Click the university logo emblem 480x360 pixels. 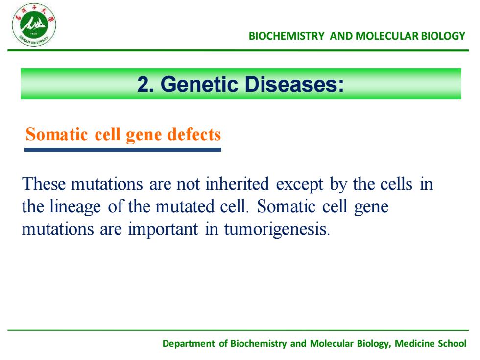[x=34, y=25]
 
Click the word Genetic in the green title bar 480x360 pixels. [x=199, y=84]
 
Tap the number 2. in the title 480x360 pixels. [x=145, y=84]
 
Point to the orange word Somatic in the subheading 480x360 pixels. [x=57, y=134]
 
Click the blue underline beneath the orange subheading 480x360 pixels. [x=123, y=150]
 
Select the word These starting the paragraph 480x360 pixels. [x=44, y=184]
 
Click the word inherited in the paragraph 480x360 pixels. [x=237, y=184]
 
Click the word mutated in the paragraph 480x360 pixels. [x=185, y=207]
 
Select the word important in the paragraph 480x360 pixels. [x=163, y=230]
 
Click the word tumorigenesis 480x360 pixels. [x=275, y=230]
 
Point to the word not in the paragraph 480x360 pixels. [x=188, y=185]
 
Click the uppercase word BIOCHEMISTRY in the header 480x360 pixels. [x=286, y=36]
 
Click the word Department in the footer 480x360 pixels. [x=189, y=344]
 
